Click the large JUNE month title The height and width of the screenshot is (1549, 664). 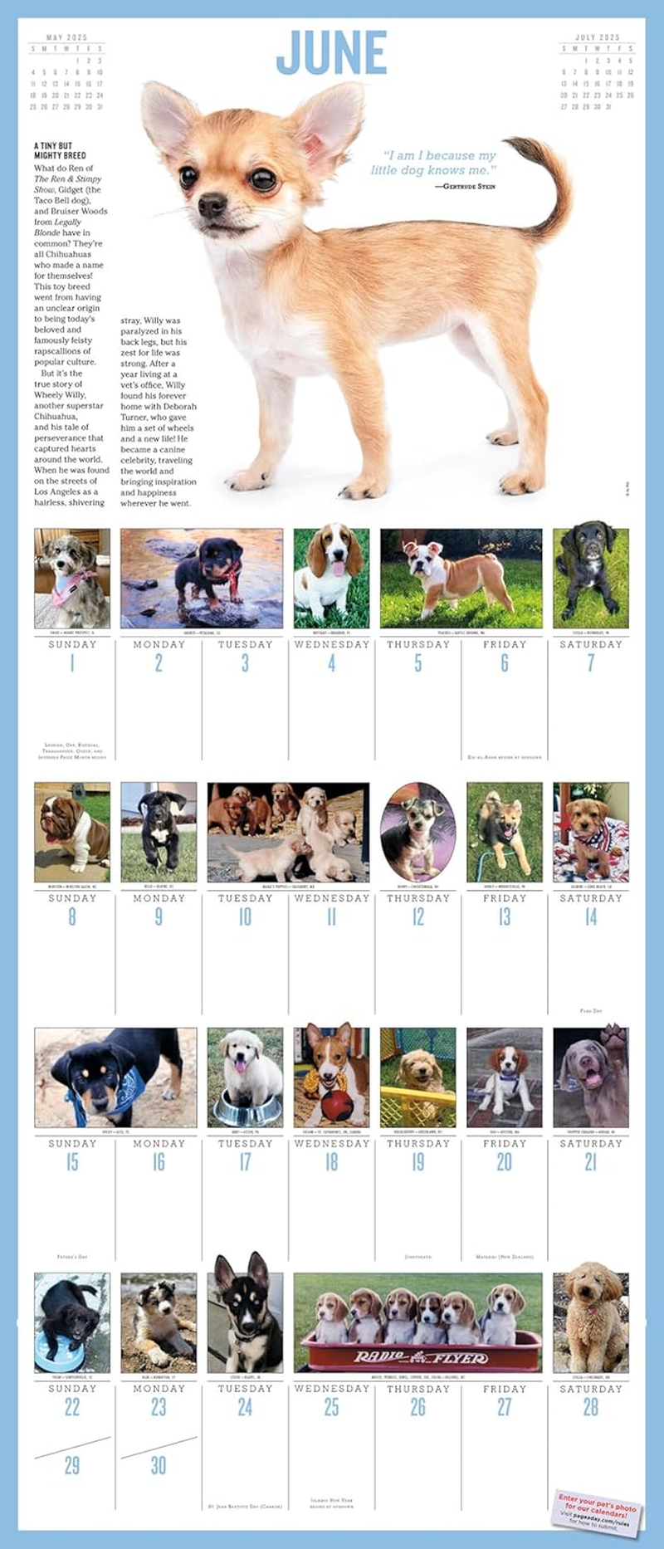pos(331,53)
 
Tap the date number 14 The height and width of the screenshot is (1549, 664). pos(590,917)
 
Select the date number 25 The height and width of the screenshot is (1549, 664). pos(331,1407)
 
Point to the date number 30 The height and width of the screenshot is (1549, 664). pos(159,1465)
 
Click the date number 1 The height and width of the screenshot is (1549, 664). pos(72,663)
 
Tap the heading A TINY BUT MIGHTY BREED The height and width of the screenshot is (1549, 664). pos(60,150)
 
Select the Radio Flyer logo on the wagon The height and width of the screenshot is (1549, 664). pos(420,1358)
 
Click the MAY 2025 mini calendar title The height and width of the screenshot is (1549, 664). pos(66,37)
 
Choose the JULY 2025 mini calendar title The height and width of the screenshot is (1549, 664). pos(597,37)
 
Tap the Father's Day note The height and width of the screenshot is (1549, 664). pos(72,1257)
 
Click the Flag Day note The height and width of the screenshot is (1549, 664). pos(591,1011)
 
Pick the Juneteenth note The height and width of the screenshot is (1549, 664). pos(417,1257)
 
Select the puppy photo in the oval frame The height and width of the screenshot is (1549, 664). pos(417,832)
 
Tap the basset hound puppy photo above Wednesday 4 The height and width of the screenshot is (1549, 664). pos(331,578)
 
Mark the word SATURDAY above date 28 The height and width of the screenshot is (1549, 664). pos(590,1389)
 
